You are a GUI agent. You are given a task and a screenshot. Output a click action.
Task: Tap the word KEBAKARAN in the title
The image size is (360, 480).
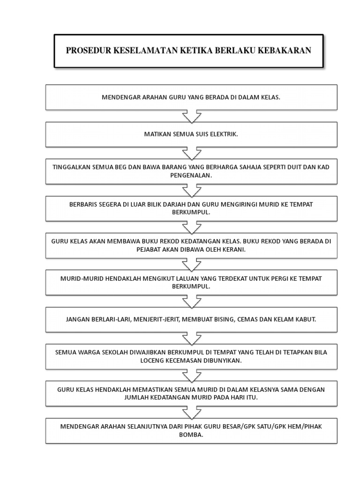285,50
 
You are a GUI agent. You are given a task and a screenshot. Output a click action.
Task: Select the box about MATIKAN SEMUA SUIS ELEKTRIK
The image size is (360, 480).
191,135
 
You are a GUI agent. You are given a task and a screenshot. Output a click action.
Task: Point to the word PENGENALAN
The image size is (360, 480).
191,175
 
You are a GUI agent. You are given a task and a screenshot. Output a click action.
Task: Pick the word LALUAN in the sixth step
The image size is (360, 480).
188,278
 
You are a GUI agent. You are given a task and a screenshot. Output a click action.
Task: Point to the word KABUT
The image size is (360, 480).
306,319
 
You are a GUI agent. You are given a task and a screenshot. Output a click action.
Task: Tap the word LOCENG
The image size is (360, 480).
152,360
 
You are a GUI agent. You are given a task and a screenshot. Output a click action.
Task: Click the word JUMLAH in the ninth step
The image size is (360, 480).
135,397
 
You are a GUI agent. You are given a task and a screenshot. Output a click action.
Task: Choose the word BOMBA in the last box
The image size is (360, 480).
191,435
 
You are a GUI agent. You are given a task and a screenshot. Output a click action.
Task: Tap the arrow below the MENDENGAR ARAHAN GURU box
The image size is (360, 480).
192,116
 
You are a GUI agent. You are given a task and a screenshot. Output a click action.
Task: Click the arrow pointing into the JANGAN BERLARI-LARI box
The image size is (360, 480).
192,301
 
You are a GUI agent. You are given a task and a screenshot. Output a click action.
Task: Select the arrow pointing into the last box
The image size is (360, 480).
192,412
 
